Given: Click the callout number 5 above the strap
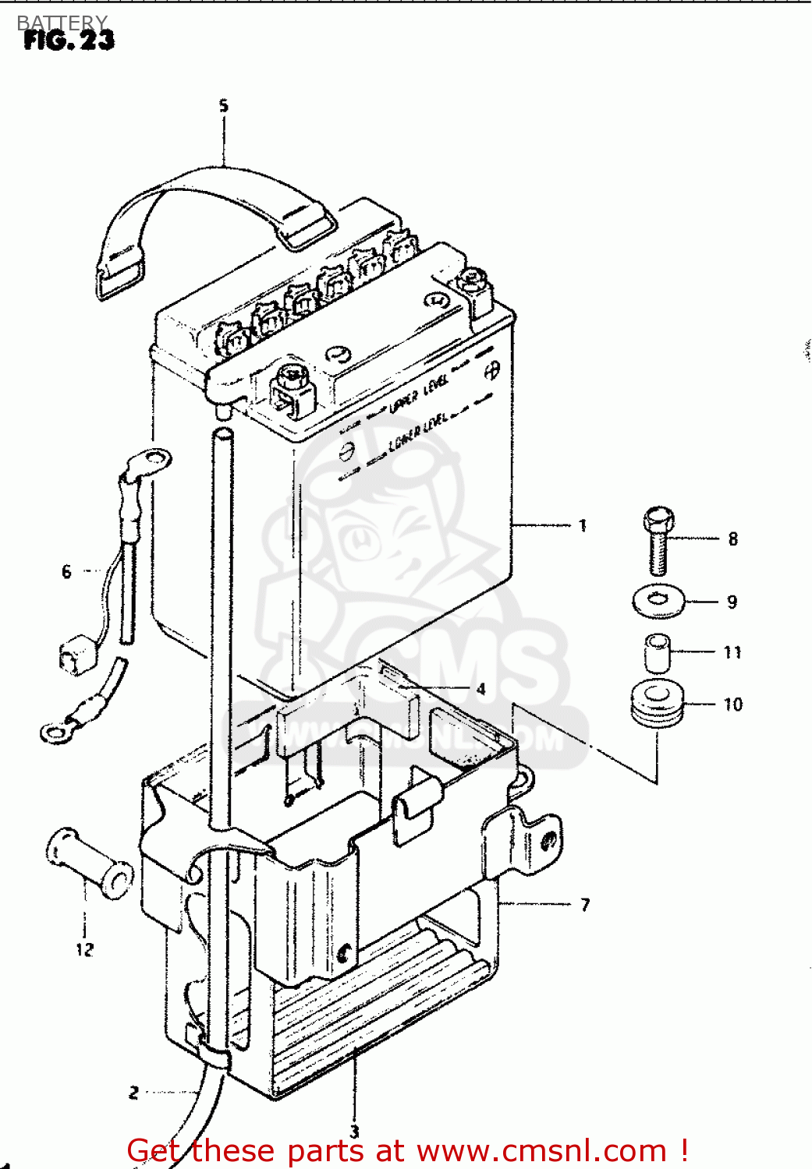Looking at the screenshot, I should coord(224,106).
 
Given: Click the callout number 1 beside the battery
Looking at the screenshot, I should coord(583,526).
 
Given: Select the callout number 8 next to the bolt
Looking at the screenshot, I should coord(733,539).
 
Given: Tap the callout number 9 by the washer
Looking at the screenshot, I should coord(732,602).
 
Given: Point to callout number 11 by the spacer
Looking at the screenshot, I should coord(732,652).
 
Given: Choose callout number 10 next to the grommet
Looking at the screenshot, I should coord(733,705).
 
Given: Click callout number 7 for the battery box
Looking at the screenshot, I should coord(585,905).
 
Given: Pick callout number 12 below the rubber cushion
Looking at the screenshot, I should coord(85,949).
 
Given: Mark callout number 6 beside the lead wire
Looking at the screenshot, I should coord(66,572).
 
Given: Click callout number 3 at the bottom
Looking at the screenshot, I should coord(354,1132).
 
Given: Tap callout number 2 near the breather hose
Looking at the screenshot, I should coord(133,1093).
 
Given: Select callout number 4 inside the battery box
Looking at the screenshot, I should coord(481,689).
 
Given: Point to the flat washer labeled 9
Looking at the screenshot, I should coord(658,602).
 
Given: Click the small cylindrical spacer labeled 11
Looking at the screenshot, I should coord(658,652).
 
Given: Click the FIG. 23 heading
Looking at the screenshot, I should coord(69,40).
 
